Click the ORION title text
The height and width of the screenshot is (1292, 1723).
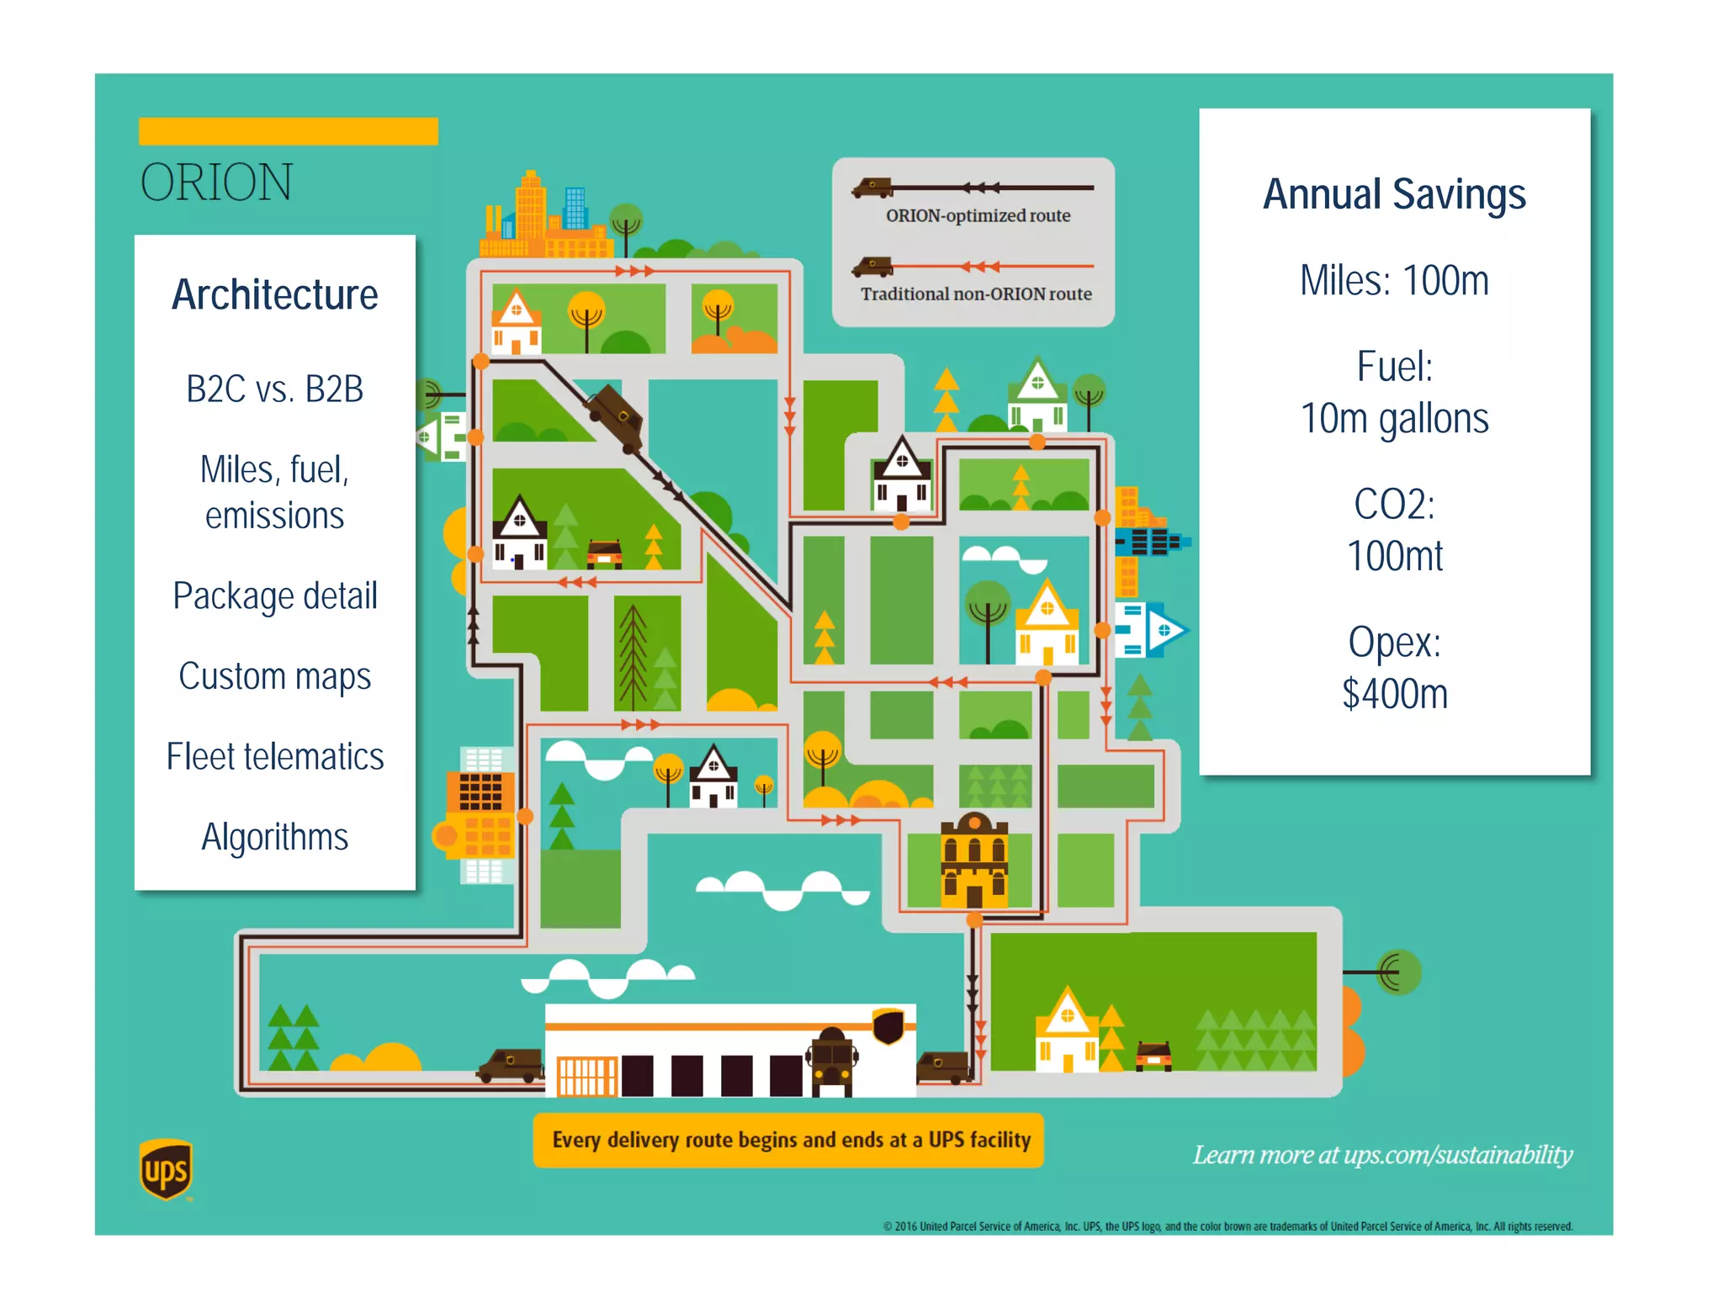pos(216,183)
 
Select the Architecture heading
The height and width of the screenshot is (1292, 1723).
pos(275,295)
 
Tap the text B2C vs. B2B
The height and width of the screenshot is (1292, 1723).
pos(275,389)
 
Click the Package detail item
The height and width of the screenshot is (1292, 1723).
pos(275,596)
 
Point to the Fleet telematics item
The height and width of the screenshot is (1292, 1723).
pos(275,757)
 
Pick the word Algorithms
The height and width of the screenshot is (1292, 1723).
pos(275,838)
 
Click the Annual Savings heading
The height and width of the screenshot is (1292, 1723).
pos(1394,194)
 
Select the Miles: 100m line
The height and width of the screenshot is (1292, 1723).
pos(1394,281)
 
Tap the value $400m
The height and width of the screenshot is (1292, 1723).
pos(1394,695)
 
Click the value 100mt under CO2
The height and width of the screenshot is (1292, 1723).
pos(1394,557)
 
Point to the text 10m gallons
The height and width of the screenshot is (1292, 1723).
pos(1394,419)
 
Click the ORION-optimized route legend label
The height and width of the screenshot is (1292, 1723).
pos(978,216)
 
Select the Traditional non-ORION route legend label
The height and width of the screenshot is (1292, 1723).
pos(976,294)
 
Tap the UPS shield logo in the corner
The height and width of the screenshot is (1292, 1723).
pos(166,1169)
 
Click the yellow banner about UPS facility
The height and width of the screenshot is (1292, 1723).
pos(789,1141)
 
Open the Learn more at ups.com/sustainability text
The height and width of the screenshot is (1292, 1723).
pos(1382,1155)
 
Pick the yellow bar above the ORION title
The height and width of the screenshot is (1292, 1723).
pos(289,131)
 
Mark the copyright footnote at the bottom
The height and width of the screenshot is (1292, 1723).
pos(1227,1226)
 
